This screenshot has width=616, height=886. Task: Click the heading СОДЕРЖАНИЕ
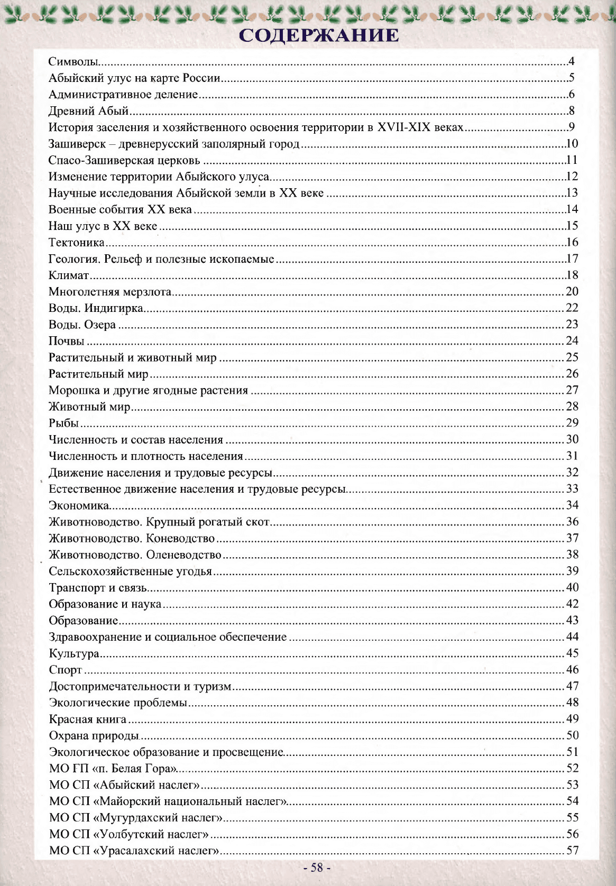319,35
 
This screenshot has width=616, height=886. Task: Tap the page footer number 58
317,867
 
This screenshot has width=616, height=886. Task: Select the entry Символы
73,61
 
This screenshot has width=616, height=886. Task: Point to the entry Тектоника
77,243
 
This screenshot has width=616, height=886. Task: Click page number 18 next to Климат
572,275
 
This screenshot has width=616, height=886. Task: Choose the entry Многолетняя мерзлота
110,292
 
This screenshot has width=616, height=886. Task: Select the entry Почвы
67,341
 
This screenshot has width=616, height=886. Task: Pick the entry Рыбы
63,423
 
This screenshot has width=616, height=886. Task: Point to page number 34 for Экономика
572,505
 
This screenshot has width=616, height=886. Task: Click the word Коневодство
180,538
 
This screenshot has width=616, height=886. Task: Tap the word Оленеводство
183,555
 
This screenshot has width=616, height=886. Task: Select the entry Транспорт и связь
98,587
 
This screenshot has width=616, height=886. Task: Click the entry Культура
74,653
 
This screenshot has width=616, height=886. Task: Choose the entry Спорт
66,670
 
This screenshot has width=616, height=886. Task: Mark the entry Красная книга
88,719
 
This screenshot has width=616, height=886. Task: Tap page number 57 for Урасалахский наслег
572,850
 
